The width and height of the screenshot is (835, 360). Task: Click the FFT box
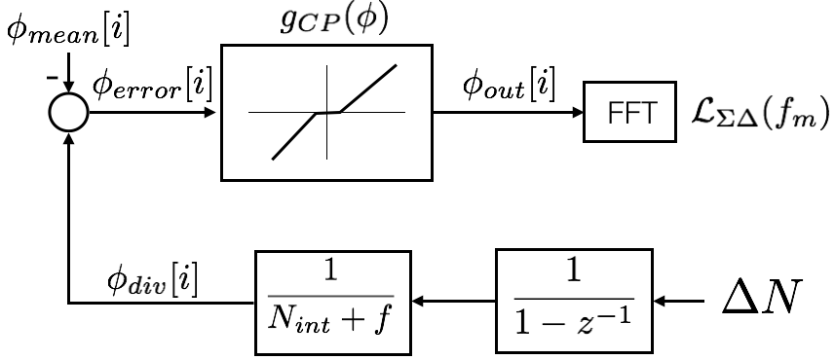[628, 113]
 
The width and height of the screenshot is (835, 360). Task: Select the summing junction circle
[67, 113]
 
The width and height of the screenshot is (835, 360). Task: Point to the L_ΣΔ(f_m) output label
[755, 114]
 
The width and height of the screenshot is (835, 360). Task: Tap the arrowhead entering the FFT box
[576, 113]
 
